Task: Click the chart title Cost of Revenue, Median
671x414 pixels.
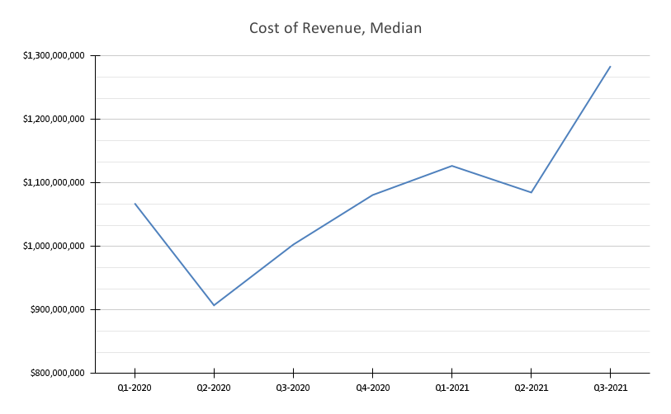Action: tap(336, 29)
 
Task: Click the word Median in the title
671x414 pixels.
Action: tap(396, 29)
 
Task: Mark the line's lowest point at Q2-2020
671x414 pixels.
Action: tap(214, 305)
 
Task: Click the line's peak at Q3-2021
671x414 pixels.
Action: tap(610, 67)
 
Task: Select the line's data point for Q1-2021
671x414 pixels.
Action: tap(451, 166)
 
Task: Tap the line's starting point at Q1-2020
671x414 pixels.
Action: tap(135, 204)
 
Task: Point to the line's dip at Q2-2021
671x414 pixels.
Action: tap(531, 192)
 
